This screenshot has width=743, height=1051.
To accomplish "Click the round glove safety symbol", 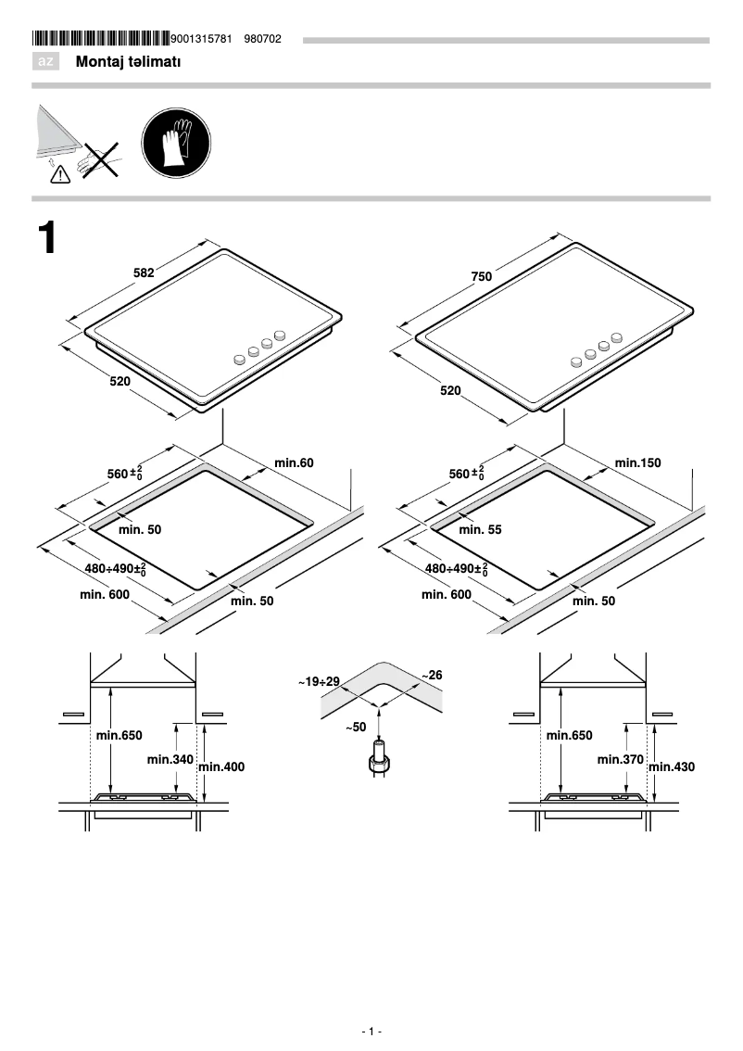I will (176, 145).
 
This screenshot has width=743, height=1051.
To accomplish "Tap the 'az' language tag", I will (45, 62).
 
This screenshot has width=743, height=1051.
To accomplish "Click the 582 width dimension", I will (144, 272).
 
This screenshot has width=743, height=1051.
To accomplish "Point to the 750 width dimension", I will (481, 276).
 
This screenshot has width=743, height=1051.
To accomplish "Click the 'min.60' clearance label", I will (295, 462).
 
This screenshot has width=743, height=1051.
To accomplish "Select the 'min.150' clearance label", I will (638, 462).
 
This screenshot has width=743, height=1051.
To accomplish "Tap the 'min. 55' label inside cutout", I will (480, 529).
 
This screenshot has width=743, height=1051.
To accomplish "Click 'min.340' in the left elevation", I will (170, 759).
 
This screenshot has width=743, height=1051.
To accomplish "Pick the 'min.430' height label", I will (672, 766).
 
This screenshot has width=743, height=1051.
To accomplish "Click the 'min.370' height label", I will (621, 759).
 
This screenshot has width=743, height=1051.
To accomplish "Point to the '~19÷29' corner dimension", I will (319, 681).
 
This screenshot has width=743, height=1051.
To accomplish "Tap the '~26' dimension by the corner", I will (432, 675).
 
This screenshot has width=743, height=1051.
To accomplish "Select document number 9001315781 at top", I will (202, 39).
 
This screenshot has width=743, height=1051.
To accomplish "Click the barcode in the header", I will (101, 39).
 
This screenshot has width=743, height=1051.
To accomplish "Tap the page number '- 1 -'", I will (371, 1032).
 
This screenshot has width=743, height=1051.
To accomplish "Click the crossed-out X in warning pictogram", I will (99, 159).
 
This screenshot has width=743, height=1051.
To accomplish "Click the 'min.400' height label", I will (221, 766).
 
